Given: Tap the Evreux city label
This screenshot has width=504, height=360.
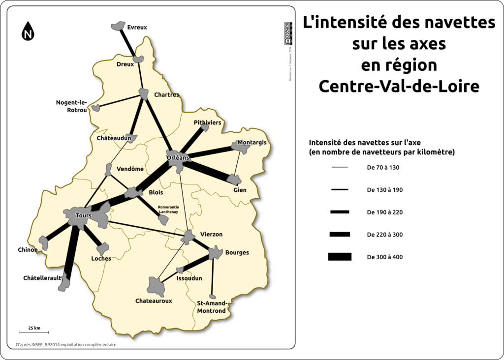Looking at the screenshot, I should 137,28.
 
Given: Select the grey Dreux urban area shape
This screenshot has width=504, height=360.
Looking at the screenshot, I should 138,60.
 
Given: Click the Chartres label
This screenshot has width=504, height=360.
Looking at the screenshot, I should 166,94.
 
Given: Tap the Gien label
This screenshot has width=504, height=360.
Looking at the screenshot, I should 240,190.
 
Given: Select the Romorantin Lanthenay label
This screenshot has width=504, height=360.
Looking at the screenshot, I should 168,210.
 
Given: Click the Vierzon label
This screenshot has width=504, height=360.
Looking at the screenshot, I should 212,234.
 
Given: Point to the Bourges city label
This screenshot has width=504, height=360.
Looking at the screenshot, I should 237,253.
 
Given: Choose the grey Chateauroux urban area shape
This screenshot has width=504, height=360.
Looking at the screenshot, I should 156,285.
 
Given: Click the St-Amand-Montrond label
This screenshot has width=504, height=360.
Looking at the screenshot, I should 212,307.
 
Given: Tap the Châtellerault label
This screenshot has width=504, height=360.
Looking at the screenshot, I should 42,278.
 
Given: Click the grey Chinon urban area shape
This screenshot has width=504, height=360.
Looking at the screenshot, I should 44,242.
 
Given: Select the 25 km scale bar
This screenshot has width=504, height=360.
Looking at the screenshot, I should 34,333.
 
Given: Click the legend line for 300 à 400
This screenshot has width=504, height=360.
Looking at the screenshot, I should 340,257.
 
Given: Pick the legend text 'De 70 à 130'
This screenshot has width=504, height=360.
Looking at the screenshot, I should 383,168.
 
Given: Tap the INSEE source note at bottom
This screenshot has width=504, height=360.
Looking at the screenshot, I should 66,345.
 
